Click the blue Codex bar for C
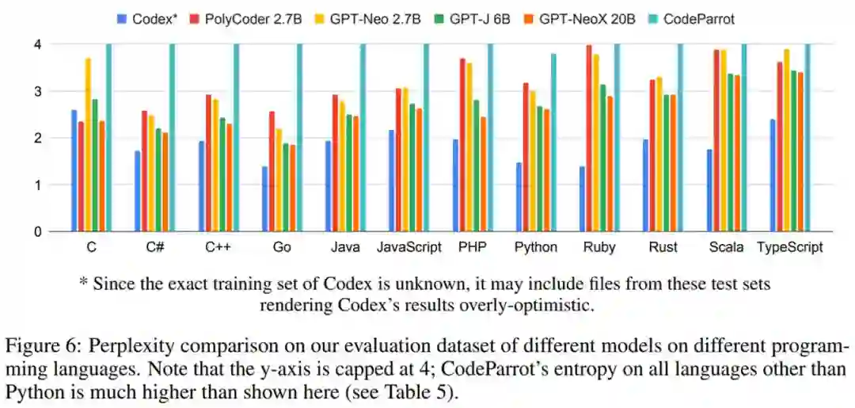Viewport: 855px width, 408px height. point(74,171)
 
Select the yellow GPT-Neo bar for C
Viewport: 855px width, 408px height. point(88,145)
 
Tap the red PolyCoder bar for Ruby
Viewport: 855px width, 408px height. point(588,139)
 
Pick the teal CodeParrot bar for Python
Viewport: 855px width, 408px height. point(553,143)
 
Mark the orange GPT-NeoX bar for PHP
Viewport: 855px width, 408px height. point(482,174)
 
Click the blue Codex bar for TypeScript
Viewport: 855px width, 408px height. point(772,176)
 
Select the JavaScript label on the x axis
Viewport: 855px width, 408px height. point(408,247)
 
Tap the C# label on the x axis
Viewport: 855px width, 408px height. point(155,247)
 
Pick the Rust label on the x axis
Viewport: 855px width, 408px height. point(663,247)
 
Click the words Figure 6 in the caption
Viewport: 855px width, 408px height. point(36,346)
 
